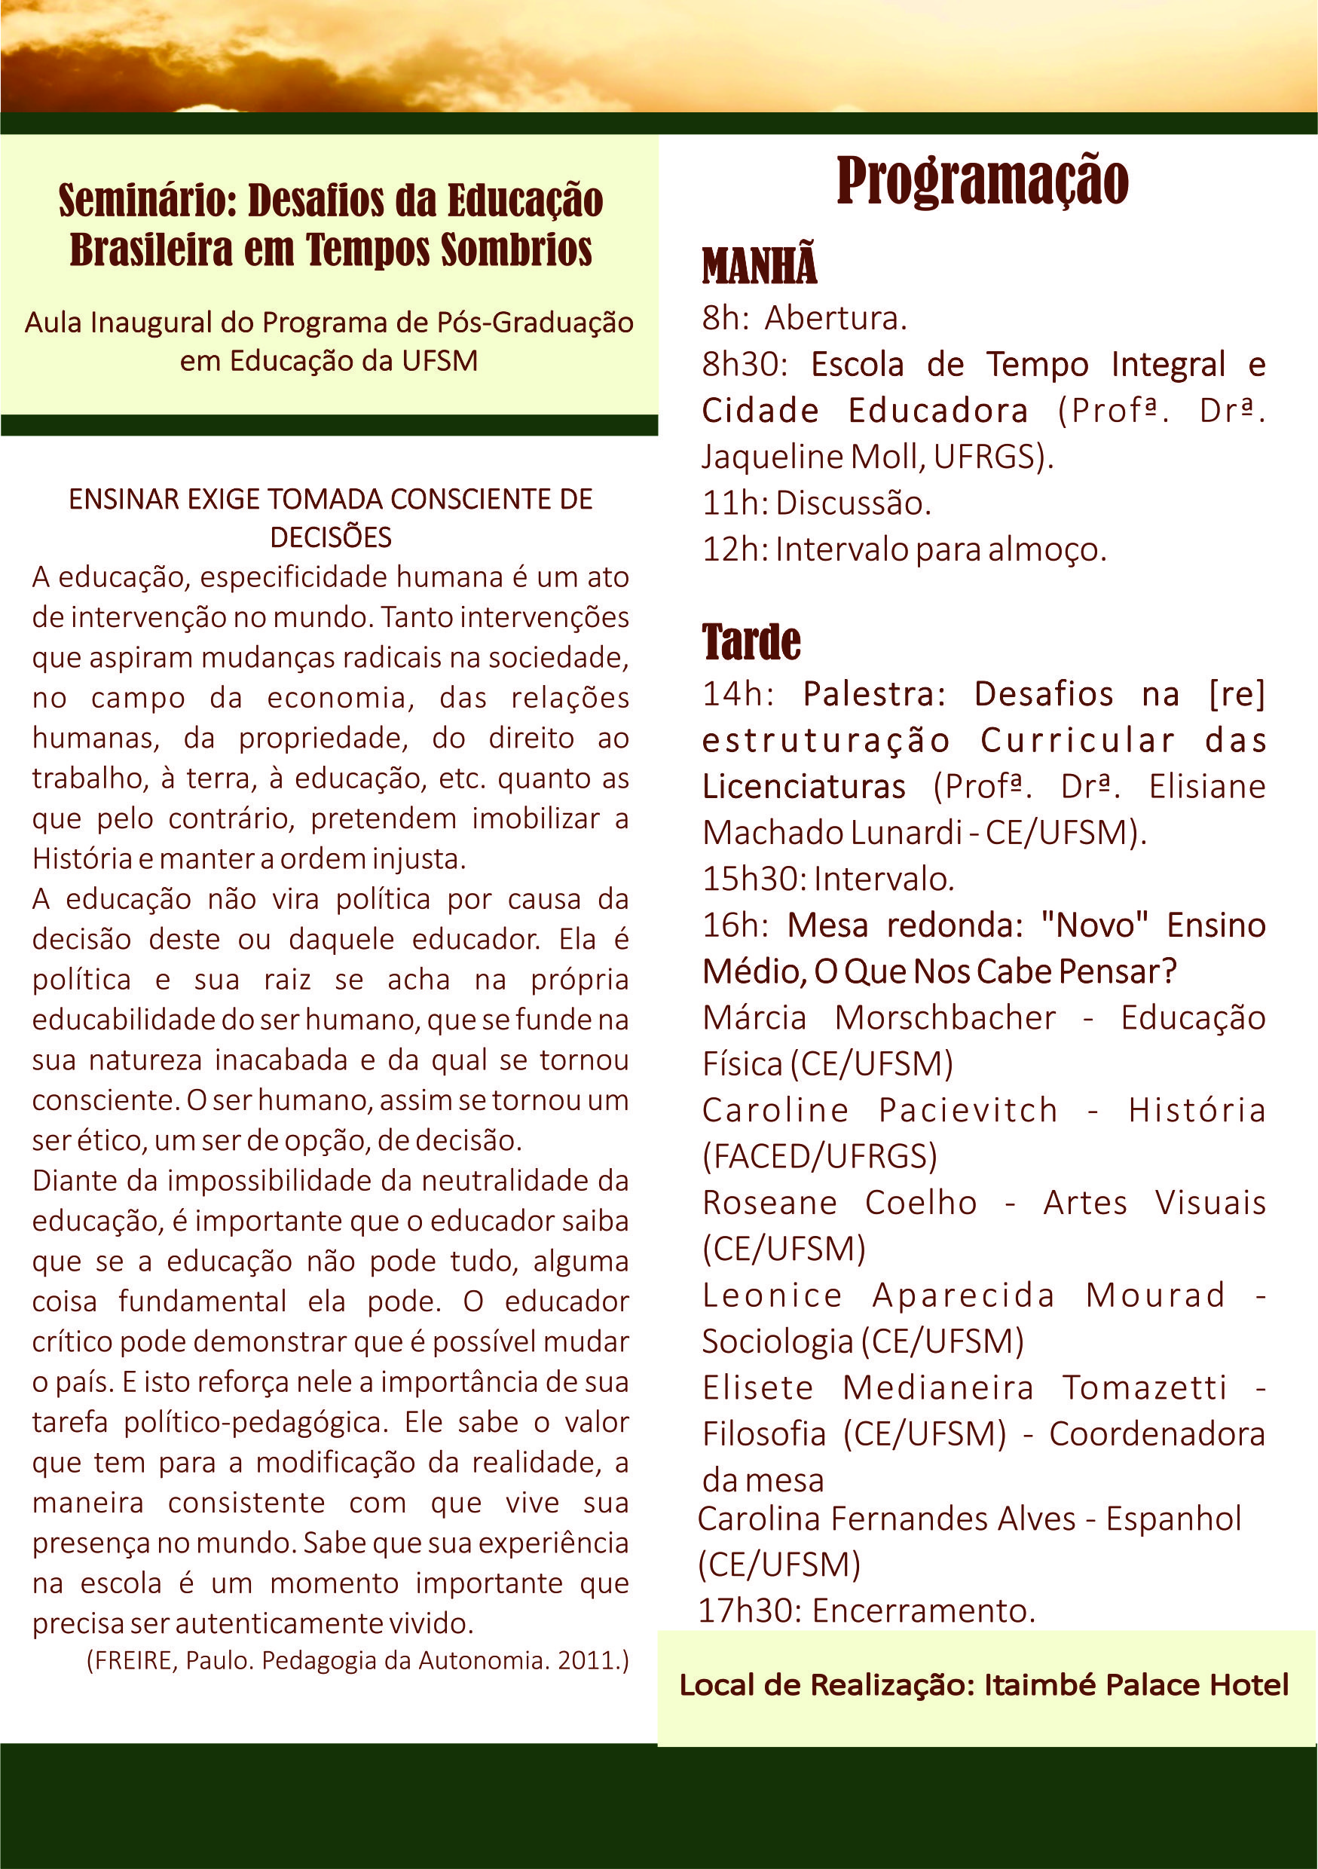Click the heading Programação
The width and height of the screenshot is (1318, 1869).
(x=982, y=181)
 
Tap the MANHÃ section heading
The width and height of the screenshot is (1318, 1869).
(x=759, y=265)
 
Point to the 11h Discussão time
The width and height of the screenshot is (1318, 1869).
(x=732, y=504)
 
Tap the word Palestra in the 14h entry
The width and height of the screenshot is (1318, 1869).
(x=873, y=694)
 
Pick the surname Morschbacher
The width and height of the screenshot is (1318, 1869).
(x=944, y=1018)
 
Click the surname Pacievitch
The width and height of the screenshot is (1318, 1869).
(x=967, y=1110)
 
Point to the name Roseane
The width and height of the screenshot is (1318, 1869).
(x=769, y=1203)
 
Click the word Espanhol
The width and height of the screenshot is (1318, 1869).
(x=1173, y=1519)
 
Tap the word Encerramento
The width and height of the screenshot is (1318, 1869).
(x=922, y=1611)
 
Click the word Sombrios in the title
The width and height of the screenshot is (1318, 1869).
(x=516, y=249)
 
